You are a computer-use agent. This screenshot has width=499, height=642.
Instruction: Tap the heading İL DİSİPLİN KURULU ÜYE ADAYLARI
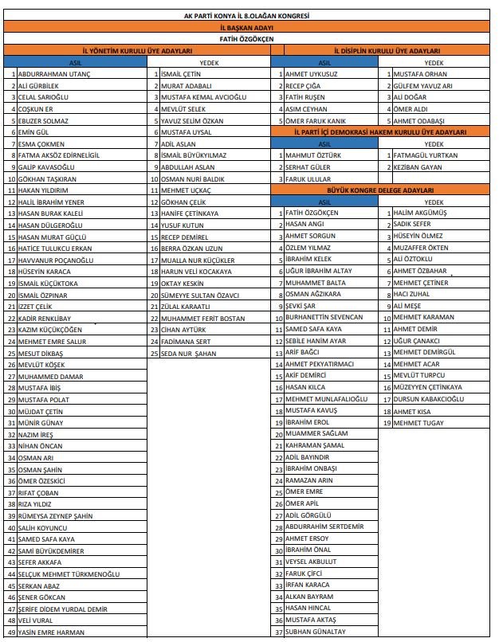(375, 49)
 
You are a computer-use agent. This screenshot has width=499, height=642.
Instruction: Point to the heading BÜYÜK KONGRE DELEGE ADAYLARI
(375, 190)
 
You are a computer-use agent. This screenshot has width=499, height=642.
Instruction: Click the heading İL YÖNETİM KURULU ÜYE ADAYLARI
(138, 49)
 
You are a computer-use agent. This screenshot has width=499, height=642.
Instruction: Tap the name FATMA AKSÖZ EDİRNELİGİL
(58, 155)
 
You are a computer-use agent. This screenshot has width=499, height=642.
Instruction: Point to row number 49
(11, 632)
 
